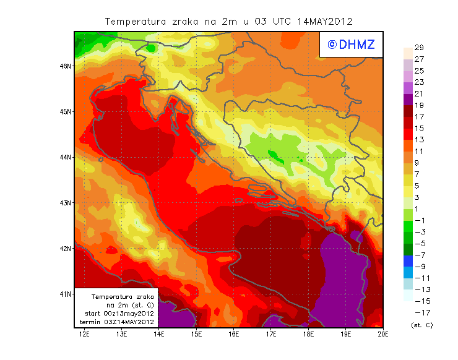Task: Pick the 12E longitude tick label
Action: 84,334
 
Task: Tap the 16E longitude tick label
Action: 234,334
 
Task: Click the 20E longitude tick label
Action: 383,334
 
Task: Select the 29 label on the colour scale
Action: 418,48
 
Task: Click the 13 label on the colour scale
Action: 418,140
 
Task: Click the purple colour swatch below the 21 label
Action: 408,100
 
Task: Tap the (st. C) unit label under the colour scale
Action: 421,325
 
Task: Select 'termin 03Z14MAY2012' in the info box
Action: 118,322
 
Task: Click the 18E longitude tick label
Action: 308,334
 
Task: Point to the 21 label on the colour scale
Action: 418,93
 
